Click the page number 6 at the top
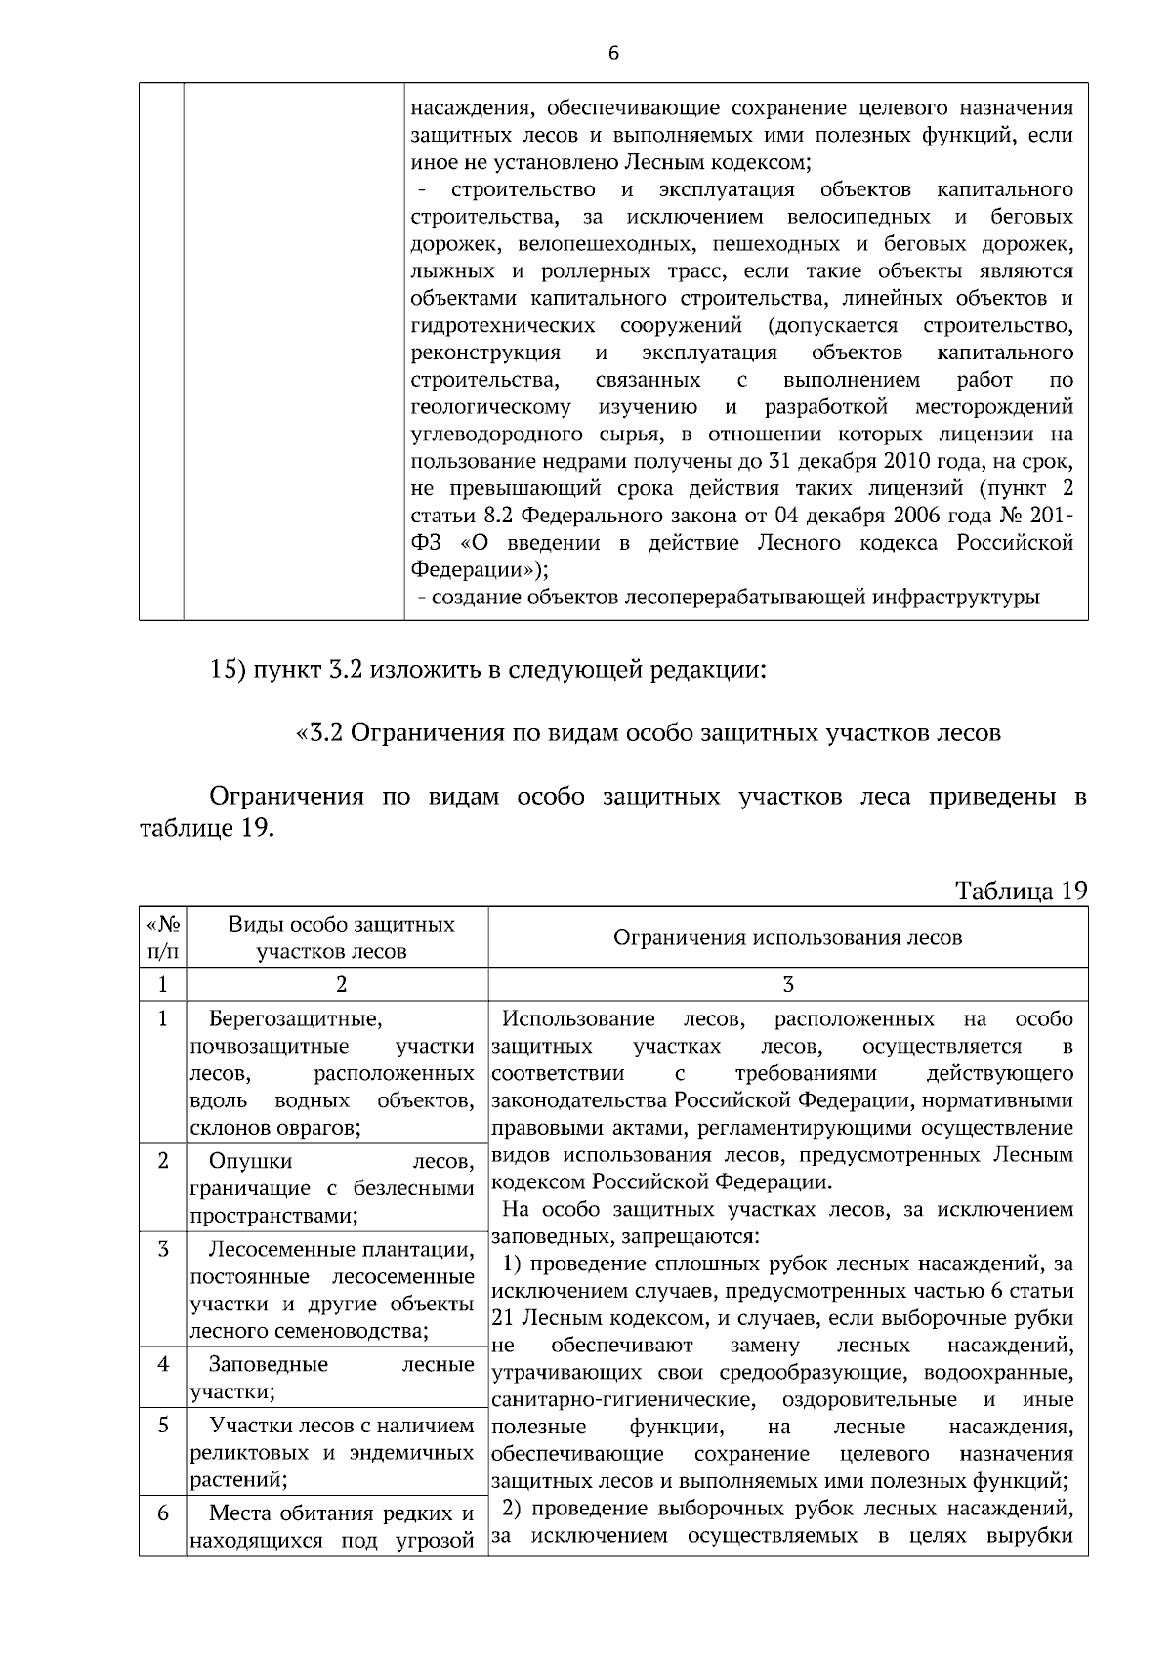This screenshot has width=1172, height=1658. click(613, 53)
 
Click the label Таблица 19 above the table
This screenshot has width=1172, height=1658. click(1021, 891)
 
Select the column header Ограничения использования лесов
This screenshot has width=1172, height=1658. click(787, 937)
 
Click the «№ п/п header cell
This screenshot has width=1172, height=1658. click(162, 936)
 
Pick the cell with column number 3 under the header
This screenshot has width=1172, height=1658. click(788, 984)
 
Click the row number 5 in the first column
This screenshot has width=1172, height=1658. click(163, 1426)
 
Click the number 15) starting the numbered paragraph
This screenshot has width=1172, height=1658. click(230, 670)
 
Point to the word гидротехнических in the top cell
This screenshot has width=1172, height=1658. click(504, 325)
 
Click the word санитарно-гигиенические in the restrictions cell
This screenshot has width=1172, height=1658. click(622, 1400)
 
